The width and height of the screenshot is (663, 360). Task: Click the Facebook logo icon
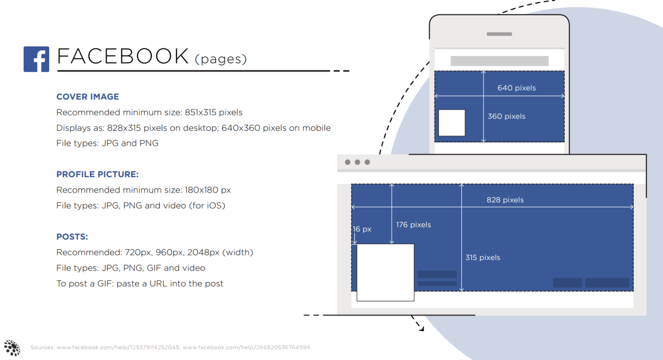(x=36, y=59)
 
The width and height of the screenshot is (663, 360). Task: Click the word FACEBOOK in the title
(x=123, y=57)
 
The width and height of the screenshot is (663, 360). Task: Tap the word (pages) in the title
(x=221, y=59)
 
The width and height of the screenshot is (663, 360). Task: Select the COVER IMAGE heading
(x=88, y=96)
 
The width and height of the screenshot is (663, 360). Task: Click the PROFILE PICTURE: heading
(x=97, y=174)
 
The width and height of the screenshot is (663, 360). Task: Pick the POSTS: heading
(x=72, y=237)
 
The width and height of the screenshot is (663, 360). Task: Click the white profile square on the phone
(x=452, y=123)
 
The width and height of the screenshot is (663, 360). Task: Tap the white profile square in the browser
(x=385, y=272)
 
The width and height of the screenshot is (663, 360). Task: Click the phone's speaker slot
(x=499, y=34)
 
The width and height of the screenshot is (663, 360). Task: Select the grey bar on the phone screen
(x=499, y=61)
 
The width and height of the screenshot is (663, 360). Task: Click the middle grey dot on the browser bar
(x=357, y=162)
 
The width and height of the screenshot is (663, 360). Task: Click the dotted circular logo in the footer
(x=12, y=347)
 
